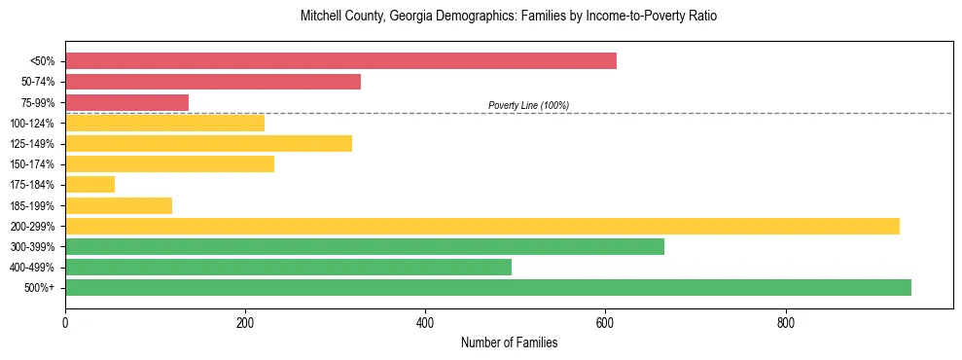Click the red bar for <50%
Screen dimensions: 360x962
point(340,61)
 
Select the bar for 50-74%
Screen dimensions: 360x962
point(213,82)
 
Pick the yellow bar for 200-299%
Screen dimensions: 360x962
point(482,226)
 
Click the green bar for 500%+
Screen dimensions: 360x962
point(488,287)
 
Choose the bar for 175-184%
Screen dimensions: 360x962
point(89,185)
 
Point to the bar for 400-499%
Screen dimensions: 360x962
point(288,267)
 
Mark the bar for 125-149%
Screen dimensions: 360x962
point(208,144)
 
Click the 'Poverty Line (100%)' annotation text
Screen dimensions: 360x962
point(528,105)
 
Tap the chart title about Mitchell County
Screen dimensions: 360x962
point(509,18)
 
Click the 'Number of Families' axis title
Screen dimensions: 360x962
point(509,342)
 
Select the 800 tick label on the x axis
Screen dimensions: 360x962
point(786,321)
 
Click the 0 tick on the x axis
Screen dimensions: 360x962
point(65,321)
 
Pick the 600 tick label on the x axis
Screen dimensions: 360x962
point(605,321)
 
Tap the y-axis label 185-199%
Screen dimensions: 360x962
point(32,205)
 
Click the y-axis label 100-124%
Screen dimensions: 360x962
point(32,124)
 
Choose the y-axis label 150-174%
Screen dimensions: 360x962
point(32,164)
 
